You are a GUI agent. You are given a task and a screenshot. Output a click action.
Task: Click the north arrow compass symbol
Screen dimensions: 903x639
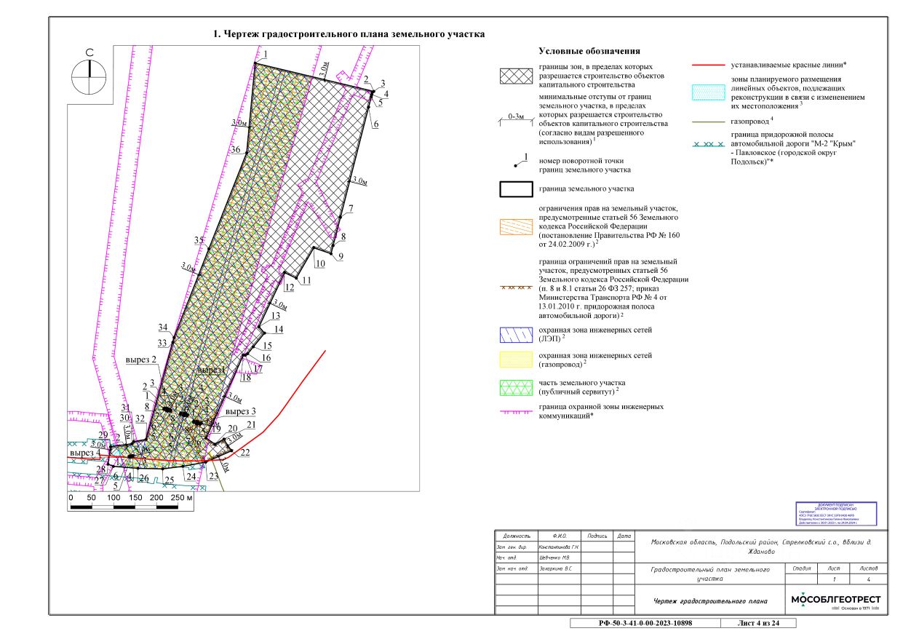point(89,75)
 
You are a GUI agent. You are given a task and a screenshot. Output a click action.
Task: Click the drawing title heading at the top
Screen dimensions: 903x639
point(349,34)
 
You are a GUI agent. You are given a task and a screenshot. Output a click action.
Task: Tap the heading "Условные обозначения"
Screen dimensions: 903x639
point(589,51)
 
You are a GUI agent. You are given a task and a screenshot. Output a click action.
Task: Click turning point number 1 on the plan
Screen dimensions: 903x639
point(266,55)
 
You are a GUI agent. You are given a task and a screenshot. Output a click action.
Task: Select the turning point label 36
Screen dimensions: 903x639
point(235,149)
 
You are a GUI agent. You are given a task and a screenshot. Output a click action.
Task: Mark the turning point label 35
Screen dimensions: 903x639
point(199,240)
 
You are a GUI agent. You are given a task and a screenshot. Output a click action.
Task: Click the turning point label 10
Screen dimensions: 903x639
point(320,266)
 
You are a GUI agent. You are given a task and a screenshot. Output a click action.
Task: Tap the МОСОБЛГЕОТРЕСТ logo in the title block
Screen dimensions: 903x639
point(835,600)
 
